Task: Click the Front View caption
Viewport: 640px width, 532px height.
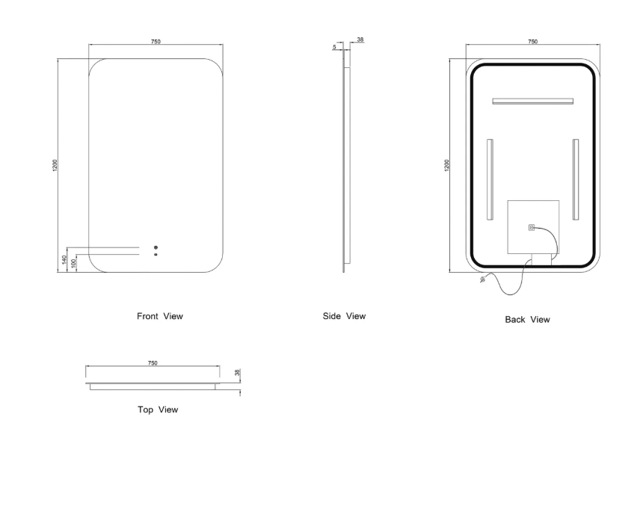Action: pyautogui.click(x=159, y=316)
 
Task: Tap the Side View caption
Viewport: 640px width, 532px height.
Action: pyautogui.click(x=344, y=316)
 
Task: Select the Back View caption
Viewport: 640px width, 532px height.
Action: pyautogui.click(x=527, y=320)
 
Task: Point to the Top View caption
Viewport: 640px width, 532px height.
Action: pyautogui.click(x=158, y=409)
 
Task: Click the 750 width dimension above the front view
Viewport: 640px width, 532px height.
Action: pyautogui.click(x=156, y=41)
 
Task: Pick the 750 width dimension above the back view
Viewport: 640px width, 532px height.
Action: pyautogui.click(x=532, y=41)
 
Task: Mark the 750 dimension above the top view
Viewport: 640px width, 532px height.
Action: pyautogui.click(x=153, y=362)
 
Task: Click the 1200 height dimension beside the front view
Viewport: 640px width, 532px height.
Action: pyautogui.click(x=55, y=165)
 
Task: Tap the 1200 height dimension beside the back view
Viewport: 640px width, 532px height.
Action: pyautogui.click(x=446, y=165)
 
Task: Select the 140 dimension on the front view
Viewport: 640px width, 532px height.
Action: pyautogui.click(x=64, y=259)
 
